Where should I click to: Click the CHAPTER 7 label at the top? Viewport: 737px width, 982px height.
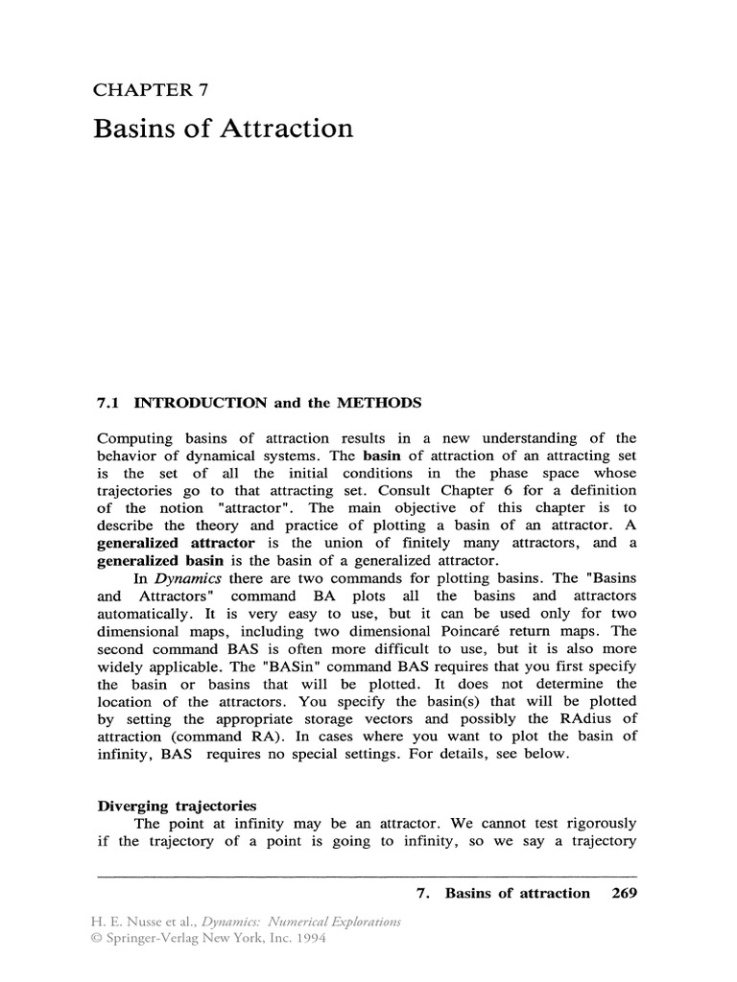151,90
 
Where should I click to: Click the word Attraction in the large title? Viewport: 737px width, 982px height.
283,129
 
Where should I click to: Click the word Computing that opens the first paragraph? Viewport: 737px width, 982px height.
135,437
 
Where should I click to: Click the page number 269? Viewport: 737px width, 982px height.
623,893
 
